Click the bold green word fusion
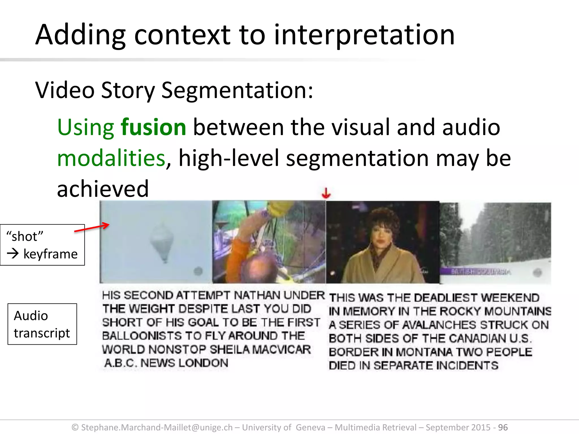[x=154, y=127]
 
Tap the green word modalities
[x=111, y=158]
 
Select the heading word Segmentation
[x=237, y=90]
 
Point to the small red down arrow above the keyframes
[x=326, y=194]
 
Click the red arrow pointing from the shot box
[x=92, y=228]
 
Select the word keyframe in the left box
[x=50, y=254]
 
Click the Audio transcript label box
[x=42, y=324]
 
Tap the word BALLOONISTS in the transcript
[x=142, y=336]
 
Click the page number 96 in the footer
[x=503, y=427]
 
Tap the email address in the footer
[x=157, y=427]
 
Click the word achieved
[x=103, y=189]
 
